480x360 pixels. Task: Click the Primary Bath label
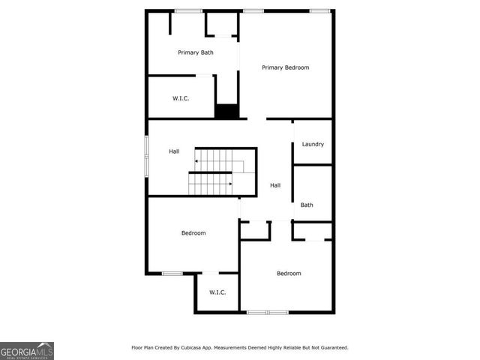pyautogui.click(x=196, y=52)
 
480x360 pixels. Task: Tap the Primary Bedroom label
pyautogui.click(x=285, y=67)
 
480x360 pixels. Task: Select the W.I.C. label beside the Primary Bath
pyautogui.click(x=181, y=97)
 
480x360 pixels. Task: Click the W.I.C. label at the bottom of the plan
pyautogui.click(x=217, y=292)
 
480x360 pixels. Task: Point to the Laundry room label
pyautogui.click(x=313, y=144)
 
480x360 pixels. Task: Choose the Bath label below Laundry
pyautogui.click(x=307, y=205)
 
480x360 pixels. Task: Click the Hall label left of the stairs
pyautogui.click(x=174, y=151)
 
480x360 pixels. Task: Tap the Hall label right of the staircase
pyautogui.click(x=275, y=185)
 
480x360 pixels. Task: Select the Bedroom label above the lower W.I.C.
pyautogui.click(x=193, y=233)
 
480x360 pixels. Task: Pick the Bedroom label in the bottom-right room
pyautogui.click(x=289, y=274)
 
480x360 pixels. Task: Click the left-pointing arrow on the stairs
pyautogui.click(x=197, y=160)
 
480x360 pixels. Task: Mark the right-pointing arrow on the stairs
pyautogui.click(x=229, y=183)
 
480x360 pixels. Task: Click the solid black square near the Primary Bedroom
pyautogui.click(x=226, y=112)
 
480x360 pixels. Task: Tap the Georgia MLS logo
pyautogui.click(x=27, y=351)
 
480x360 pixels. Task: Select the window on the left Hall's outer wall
pyautogui.click(x=146, y=155)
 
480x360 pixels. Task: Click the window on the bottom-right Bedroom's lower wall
pyautogui.click(x=268, y=312)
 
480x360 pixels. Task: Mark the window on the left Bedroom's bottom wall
pyautogui.click(x=172, y=273)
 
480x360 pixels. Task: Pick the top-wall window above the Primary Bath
pyautogui.click(x=188, y=10)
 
